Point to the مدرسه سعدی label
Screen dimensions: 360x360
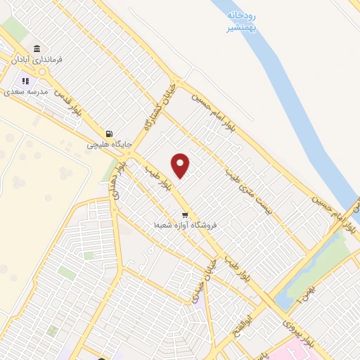25,91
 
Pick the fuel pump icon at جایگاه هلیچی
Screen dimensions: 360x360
108,134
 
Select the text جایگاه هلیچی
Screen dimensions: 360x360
105,145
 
